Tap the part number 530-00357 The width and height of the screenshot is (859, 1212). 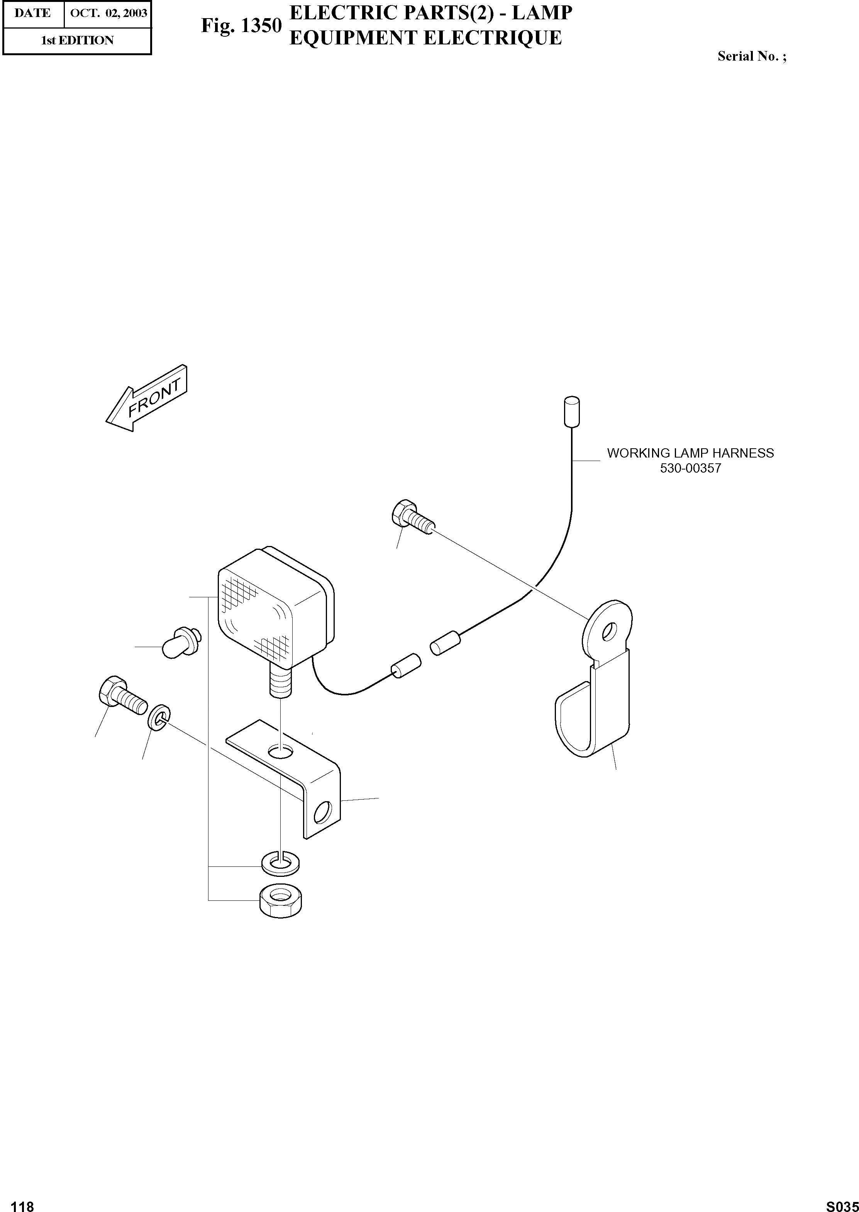coord(690,469)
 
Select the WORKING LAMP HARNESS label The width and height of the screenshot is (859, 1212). coord(690,453)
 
